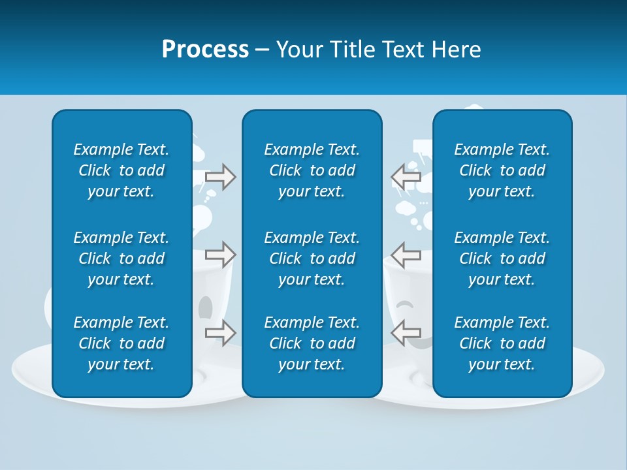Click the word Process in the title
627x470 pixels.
tap(205, 50)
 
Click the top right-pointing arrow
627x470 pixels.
tap(220, 177)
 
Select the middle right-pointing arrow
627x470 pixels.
tap(220, 254)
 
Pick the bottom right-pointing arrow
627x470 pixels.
tap(220, 332)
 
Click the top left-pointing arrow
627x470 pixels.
tap(406, 177)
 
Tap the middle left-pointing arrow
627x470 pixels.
tap(406, 254)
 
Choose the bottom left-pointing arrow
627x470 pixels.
tap(406, 332)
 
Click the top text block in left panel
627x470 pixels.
tap(121, 170)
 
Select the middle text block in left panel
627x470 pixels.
tap(121, 258)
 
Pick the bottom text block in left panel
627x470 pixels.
tap(121, 343)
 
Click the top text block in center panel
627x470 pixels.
tap(312, 170)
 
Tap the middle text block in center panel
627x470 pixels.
tap(312, 258)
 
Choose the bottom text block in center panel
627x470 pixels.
tap(312, 343)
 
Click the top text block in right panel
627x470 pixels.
tap(502, 170)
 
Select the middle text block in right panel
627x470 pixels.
tap(502, 258)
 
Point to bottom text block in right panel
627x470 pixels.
tap(502, 343)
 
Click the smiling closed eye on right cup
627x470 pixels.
tap(405, 304)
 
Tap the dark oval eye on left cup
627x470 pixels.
tap(205, 305)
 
